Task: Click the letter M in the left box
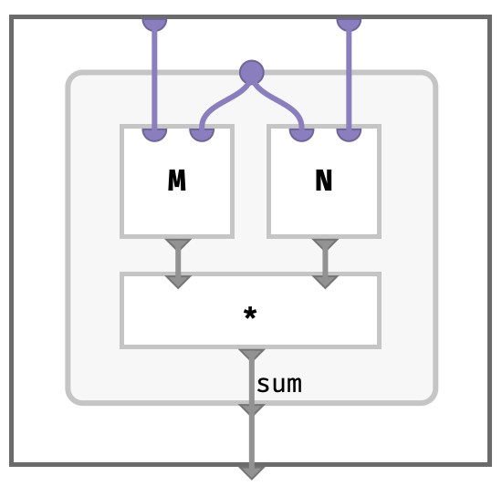click(x=177, y=181)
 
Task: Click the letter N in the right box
click(x=324, y=181)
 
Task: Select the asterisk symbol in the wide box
click(x=250, y=314)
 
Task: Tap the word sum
click(x=279, y=385)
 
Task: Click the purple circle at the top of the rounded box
click(x=252, y=72)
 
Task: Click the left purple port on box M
click(x=154, y=134)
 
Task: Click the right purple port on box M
click(x=202, y=134)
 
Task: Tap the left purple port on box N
click(x=301, y=134)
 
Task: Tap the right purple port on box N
click(x=349, y=134)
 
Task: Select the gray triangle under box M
click(x=178, y=243)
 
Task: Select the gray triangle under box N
click(x=325, y=243)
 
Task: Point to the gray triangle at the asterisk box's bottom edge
click(x=252, y=355)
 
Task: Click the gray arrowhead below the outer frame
click(x=252, y=472)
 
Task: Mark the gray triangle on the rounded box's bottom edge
click(x=252, y=409)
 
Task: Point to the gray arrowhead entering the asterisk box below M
click(x=178, y=282)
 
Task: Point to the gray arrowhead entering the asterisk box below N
click(x=325, y=282)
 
